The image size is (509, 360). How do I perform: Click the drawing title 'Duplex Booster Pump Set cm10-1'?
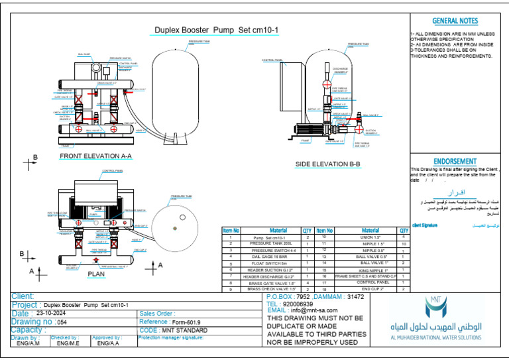tap(197, 30)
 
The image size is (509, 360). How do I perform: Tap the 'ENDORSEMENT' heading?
tap(455, 161)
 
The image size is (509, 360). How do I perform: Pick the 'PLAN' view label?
tap(96, 273)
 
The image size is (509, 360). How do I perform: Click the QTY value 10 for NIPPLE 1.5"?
tap(403, 244)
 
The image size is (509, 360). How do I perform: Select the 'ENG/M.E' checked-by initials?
tap(68, 343)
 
